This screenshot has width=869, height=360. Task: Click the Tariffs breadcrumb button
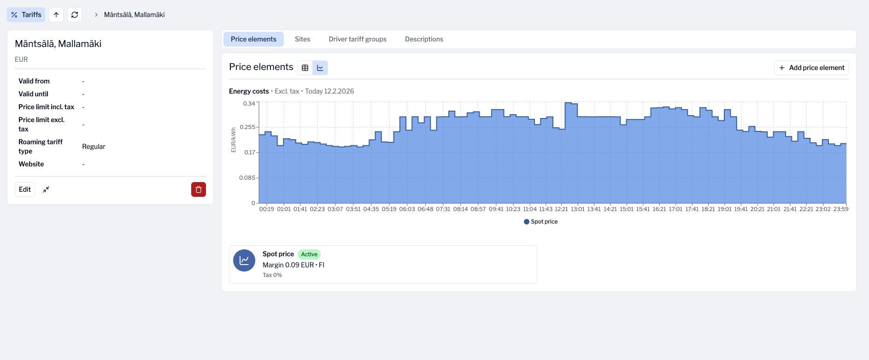point(26,15)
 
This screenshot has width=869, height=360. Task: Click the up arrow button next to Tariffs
point(56,15)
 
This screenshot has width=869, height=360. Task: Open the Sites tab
point(302,39)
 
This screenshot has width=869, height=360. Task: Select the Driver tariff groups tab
point(357,39)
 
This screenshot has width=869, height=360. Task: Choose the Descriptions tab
point(423,39)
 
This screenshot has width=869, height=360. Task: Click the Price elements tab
point(253,39)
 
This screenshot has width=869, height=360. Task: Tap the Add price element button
point(811,68)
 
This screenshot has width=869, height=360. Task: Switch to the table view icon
point(305,68)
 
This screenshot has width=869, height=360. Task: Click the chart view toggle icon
point(320,68)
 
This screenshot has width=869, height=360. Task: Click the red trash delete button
point(199,189)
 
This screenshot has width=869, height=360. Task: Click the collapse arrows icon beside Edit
point(46,189)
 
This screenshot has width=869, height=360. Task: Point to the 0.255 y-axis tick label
point(247,127)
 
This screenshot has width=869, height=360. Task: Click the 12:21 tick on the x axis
point(561,209)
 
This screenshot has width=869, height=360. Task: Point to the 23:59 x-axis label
point(840,209)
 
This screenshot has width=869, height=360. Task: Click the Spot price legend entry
point(541,222)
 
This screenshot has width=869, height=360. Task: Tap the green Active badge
point(309,254)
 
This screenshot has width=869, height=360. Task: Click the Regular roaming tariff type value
point(94,147)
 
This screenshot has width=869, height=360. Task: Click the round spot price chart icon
point(244,260)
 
